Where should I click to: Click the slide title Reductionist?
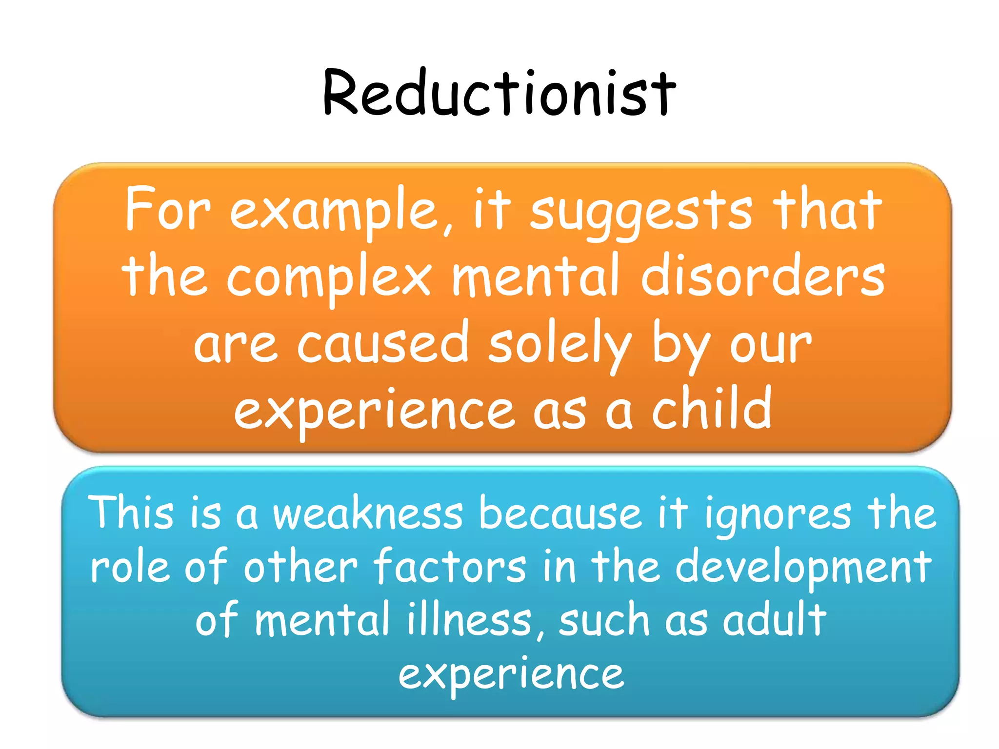click(x=499, y=93)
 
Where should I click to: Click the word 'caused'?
click(x=382, y=344)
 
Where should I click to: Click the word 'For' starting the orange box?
click(x=168, y=210)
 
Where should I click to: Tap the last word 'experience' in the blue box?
click(x=511, y=675)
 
